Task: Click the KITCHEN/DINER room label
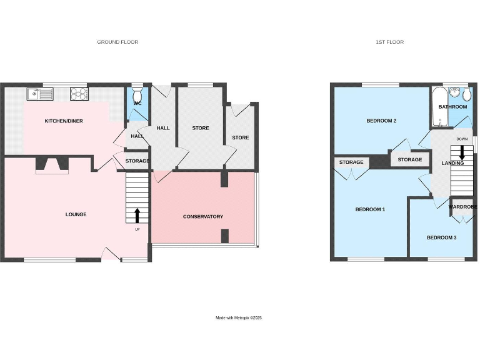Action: click(64, 121)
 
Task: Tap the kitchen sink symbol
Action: click(41, 94)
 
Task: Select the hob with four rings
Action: click(80, 94)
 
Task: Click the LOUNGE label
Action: click(76, 214)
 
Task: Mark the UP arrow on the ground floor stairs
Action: click(137, 216)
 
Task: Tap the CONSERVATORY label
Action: click(202, 217)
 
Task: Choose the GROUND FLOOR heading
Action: click(117, 42)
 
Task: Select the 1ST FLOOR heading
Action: click(389, 42)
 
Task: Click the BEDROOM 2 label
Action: click(381, 121)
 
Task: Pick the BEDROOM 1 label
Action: click(369, 209)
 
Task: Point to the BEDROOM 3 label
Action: click(441, 237)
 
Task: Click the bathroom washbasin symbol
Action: click(464, 94)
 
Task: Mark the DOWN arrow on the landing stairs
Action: click(462, 152)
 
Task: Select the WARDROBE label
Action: click(462, 206)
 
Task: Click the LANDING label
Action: click(452, 164)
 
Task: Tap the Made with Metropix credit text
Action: click(239, 318)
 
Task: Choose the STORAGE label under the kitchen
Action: click(137, 161)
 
